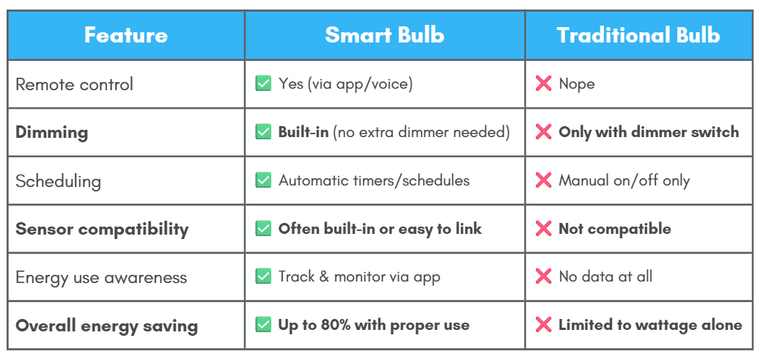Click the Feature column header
(126, 35)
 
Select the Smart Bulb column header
(384, 35)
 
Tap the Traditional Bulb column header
(638, 35)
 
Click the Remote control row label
(74, 84)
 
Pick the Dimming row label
(51, 133)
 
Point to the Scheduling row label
(59, 181)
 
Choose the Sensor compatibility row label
(102, 229)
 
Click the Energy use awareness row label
(101, 277)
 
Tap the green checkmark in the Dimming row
(263, 132)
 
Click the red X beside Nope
(543, 84)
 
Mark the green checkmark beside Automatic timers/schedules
(263, 180)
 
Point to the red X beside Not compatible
(543, 229)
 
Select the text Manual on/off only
(624, 181)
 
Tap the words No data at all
(605, 277)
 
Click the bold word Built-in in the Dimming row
(303, 132)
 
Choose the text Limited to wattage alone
(650, 325)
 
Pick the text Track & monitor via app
(359, 277)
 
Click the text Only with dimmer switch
(649, 132)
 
